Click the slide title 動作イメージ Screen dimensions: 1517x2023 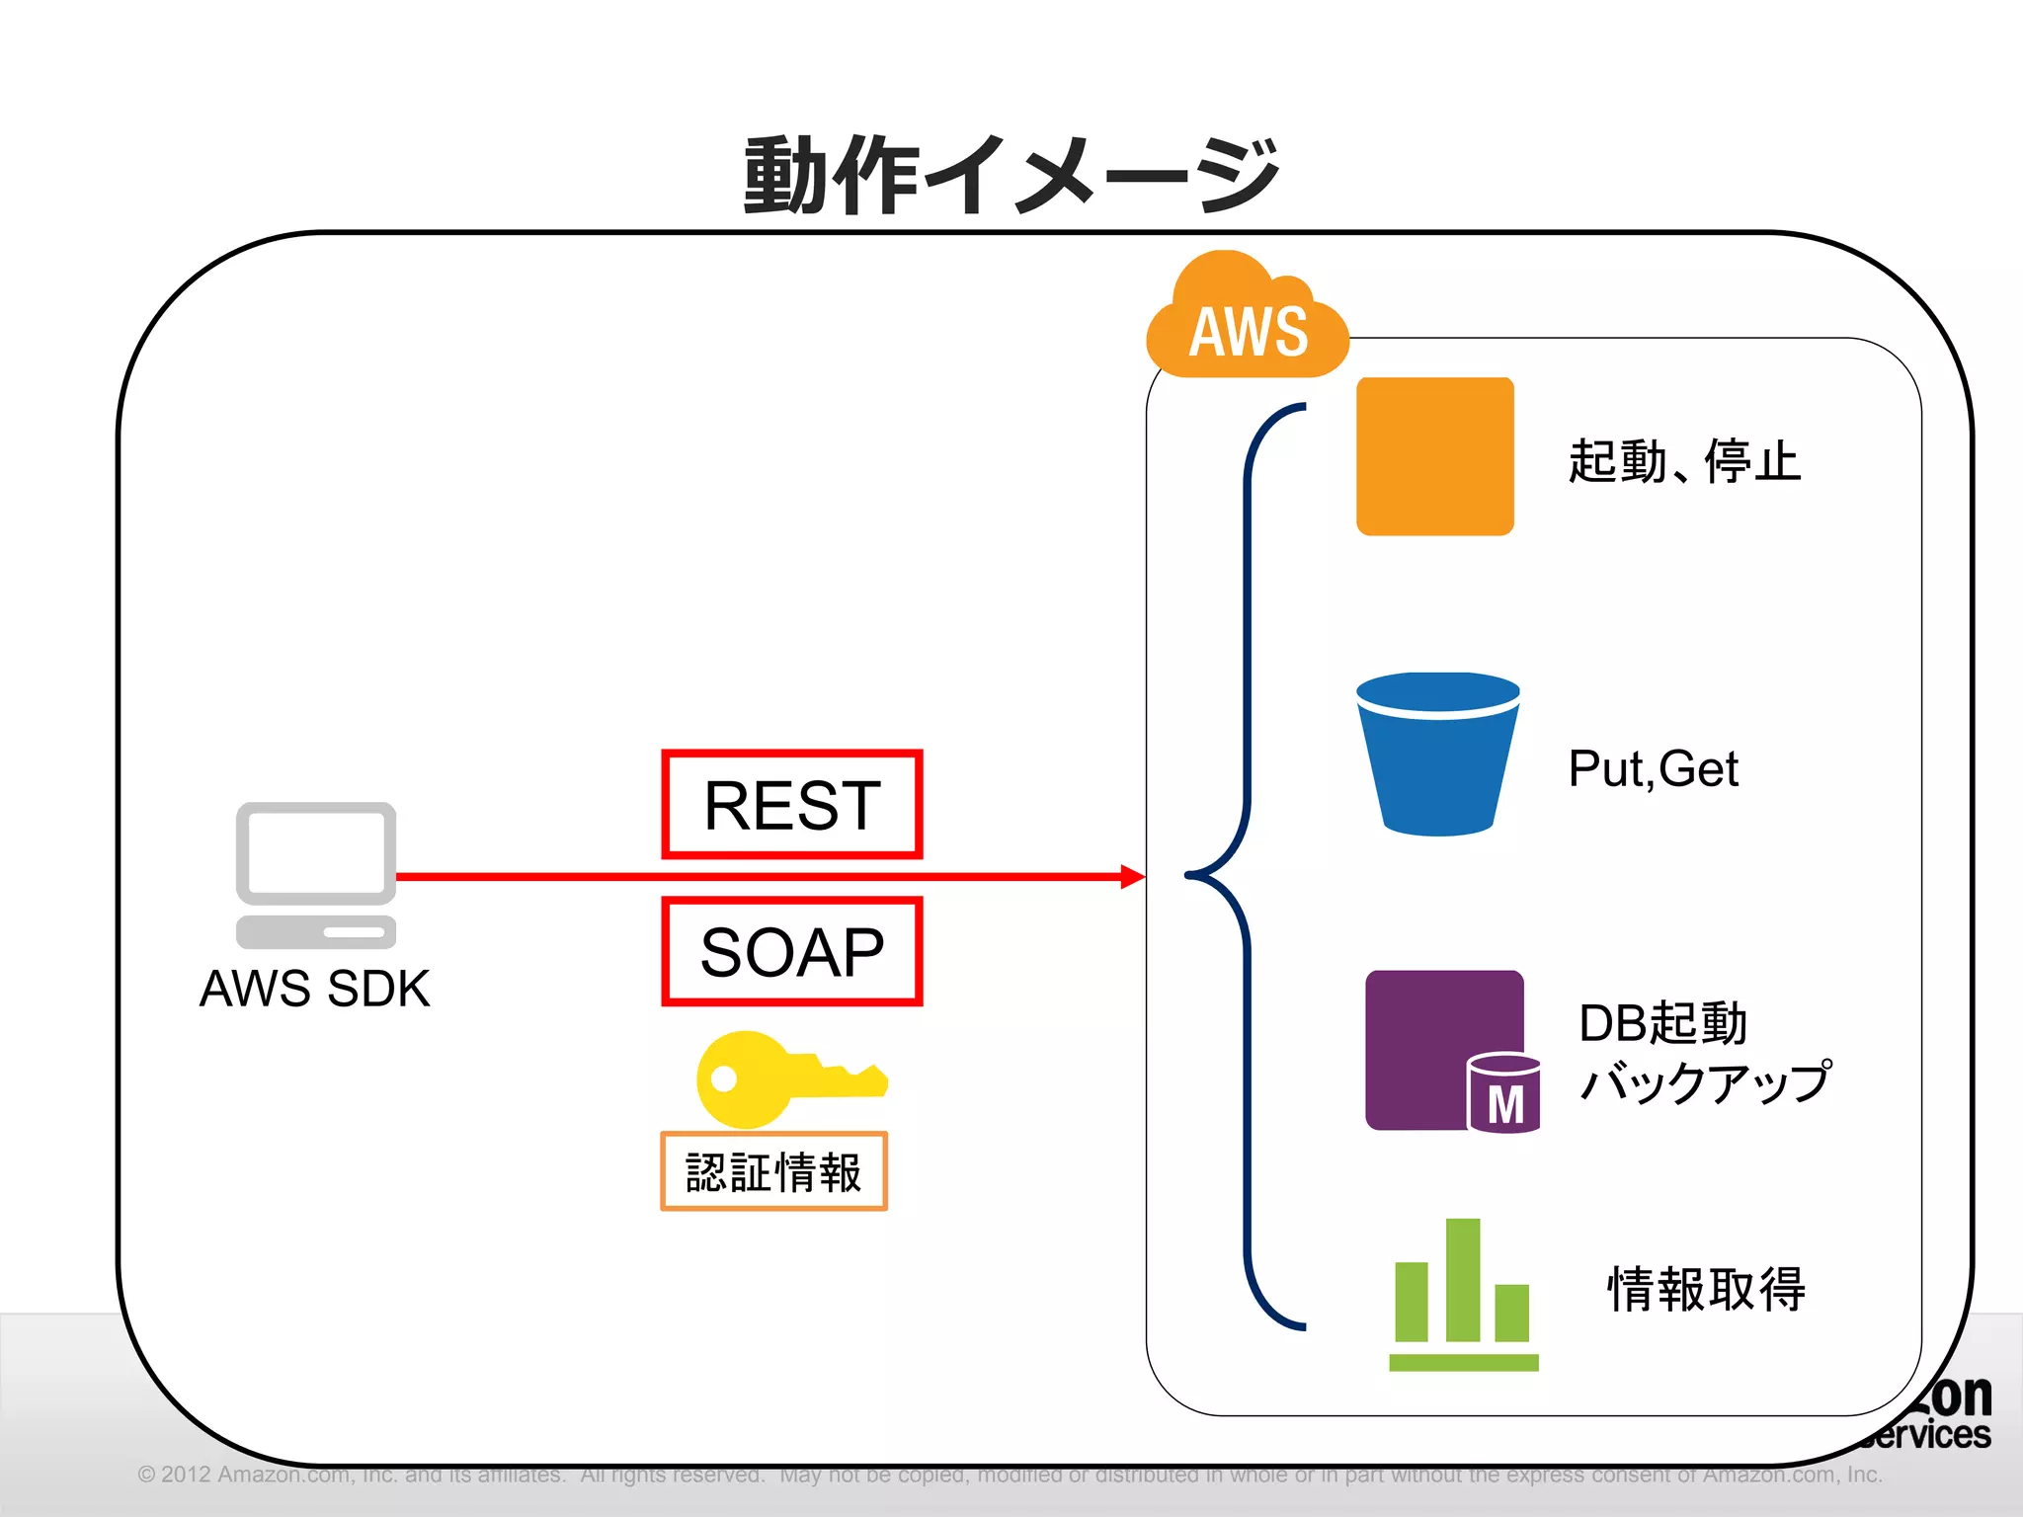click(x=1011, y=176)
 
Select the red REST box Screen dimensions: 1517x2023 click(x=791, y=804)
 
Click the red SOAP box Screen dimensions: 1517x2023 click(x=791, y=951)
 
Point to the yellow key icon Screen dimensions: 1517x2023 click(x=780, y=1078)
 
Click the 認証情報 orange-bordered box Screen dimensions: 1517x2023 click(x=773, y=1171)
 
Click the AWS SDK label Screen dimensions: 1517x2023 click(x=314, y=989)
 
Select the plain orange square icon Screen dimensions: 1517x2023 click(x=1434, y=456)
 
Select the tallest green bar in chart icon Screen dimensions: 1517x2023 click(x=1463, y=1279)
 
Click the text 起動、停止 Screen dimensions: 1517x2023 click(x=1684, y=461)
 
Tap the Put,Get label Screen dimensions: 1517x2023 click(x=1653, y=768)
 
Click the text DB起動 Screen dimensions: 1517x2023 click(x=1662, y=1023)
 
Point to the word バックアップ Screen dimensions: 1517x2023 click(x=1705, y=1082)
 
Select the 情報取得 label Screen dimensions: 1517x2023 click(x=1706, y=1289)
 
